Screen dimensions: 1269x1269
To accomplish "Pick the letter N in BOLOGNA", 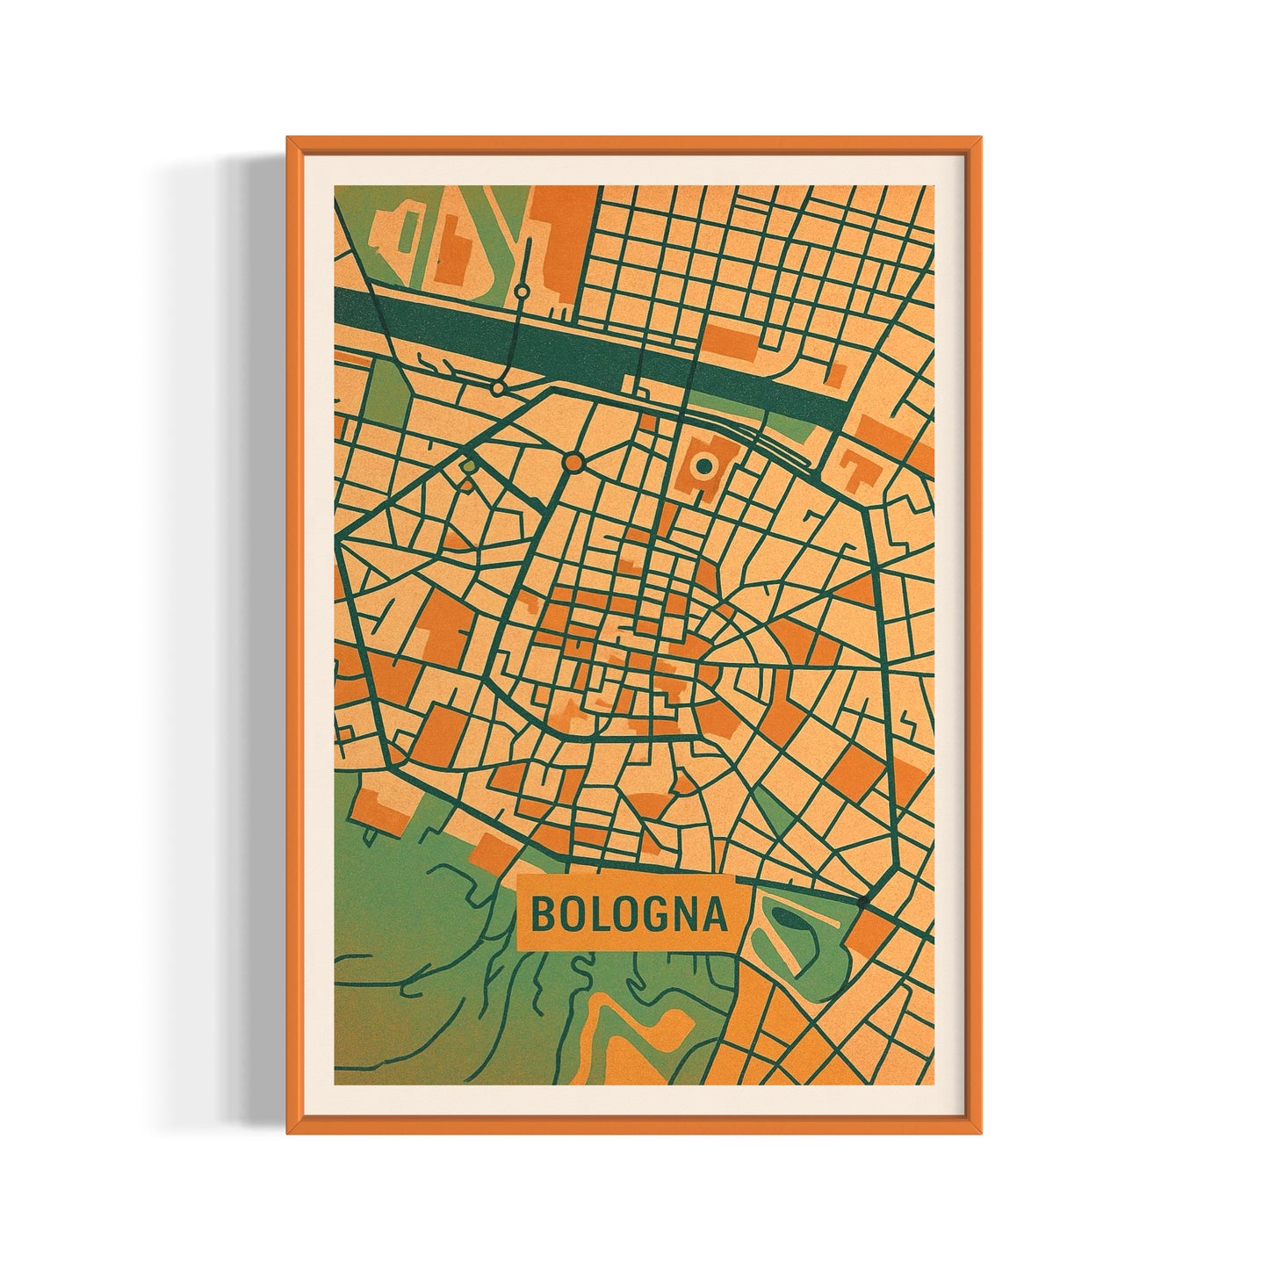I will pyautogui.click(x=684, y=914).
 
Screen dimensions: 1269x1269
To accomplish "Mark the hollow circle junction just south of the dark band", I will pyautogui.click(x=497, y=386).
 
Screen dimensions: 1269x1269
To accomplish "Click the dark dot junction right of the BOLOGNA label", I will pyautogui.click(x=864, y=901).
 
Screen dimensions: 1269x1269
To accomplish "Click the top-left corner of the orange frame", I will pyautogui.click(x=289, y=139).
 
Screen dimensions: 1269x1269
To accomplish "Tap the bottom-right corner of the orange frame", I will pyautogui.click(x=981, y=1132).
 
